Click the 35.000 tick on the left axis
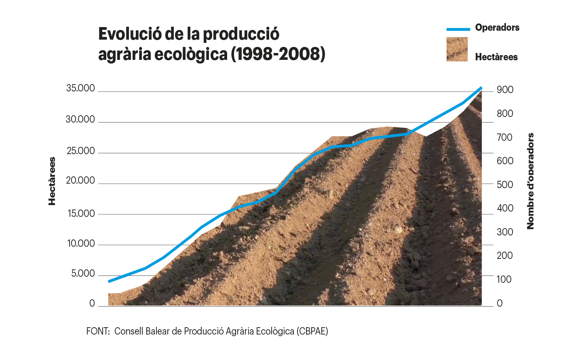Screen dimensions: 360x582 [80, 88]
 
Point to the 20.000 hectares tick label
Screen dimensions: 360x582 [80, 180]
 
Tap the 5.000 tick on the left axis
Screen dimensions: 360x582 [83, 273]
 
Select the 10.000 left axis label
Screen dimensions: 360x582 [81, 244]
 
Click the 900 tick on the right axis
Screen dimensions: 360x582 [505, 90]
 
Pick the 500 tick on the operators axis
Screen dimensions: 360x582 [505, 185]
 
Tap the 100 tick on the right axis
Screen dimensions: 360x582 [504, 280]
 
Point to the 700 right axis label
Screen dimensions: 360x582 [505, 138]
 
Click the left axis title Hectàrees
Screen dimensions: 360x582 [52, 181]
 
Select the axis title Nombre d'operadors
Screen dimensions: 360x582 [530, 181]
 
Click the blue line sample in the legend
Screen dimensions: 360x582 [458, 29]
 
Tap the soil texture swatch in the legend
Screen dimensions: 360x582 [457, 49]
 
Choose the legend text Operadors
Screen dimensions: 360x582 [497, 28]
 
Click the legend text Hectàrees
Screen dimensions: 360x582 [496, 57]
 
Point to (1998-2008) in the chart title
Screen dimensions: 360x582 [278, 54]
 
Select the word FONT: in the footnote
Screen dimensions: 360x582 [98, 331]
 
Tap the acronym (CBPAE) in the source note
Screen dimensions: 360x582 [312, 331]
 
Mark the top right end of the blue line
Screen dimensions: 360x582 [481, 87]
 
